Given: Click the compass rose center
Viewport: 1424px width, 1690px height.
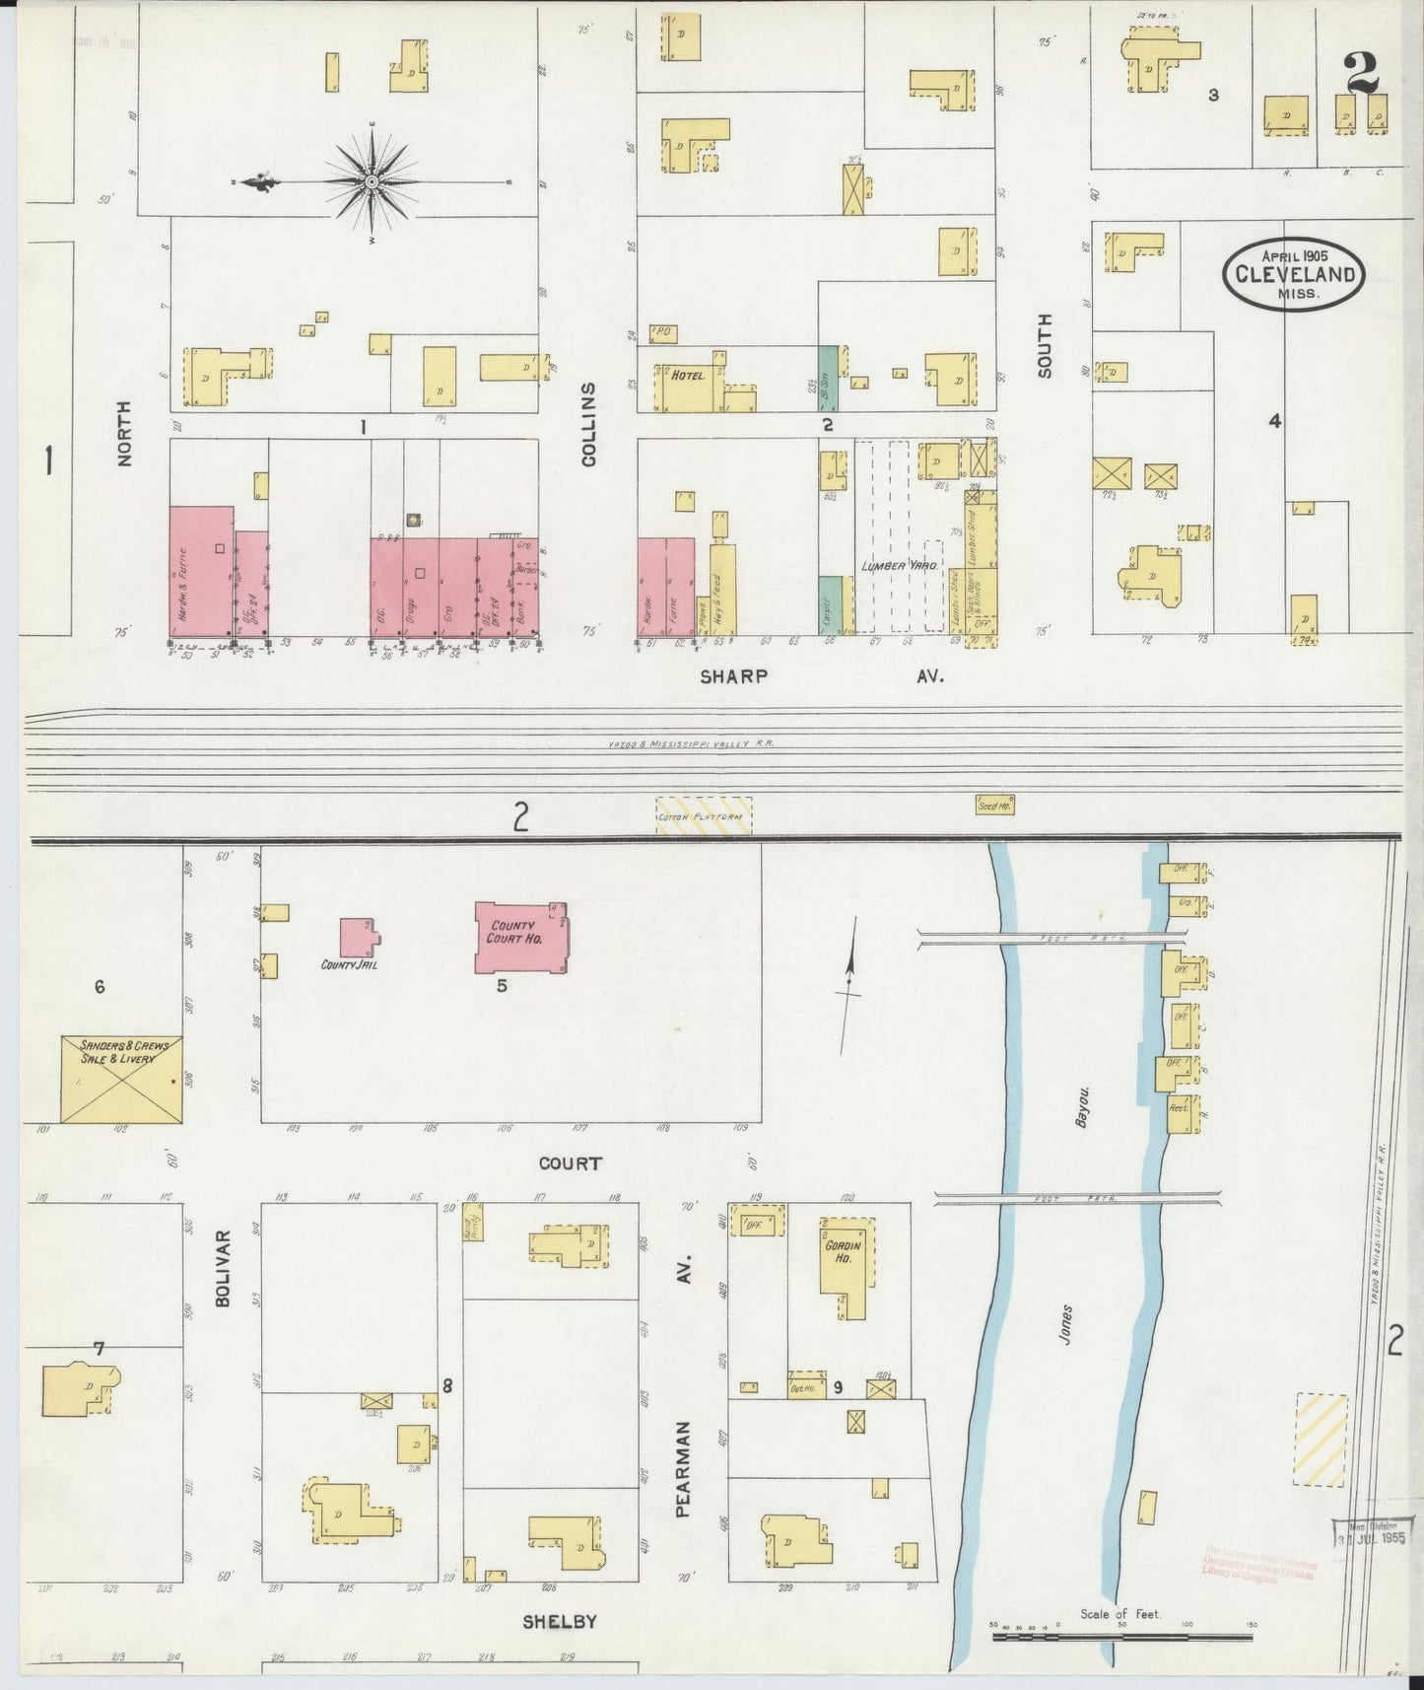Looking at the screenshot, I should pyautogui.click(x=373, y=183).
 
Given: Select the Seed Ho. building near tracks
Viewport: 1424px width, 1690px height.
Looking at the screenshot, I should pyautogui.click(x=994, y=805).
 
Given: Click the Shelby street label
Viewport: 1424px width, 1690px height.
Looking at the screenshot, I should pyautogui.click(x=559, y=1621).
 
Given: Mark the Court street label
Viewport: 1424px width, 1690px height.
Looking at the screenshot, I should pyautogui.click(x=570, y=1163).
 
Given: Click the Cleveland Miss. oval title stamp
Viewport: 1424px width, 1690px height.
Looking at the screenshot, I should pyautogui.click(x=1294, y=273).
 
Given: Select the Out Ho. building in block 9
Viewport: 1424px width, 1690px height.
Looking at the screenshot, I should pyautogui.click(x=806, y=1384).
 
